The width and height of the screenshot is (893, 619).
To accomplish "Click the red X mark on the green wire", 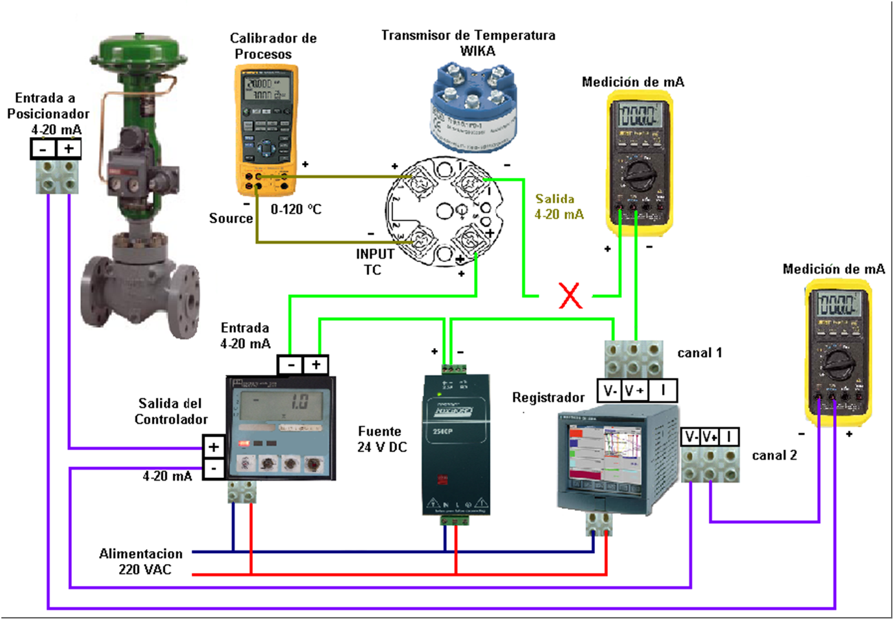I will click(x=570, y=296).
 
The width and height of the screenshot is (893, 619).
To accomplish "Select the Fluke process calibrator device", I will click(x=266, y=129).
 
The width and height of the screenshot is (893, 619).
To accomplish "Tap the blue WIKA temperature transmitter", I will click(x=474, y=107).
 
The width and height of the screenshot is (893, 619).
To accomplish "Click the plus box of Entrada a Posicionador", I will click(x=69, y=149).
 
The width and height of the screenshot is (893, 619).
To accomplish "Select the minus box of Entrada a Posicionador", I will click(x=43, y=149).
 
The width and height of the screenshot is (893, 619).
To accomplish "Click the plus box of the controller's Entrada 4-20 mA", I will click(x=316, y=365).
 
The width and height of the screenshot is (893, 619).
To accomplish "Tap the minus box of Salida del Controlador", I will click(x=213, y=468).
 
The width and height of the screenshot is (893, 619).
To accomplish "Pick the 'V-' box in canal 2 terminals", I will click(x=691, y=437).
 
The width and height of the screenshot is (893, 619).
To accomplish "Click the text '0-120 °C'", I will click(x=296, y=209).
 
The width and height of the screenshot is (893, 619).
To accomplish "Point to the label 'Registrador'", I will click(x=548, y=397).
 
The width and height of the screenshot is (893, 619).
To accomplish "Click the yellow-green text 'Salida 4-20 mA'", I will click(x=559, y=206).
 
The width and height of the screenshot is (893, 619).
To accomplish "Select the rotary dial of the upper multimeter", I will click(x=639, y=173).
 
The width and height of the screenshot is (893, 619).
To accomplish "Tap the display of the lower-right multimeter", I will click(x=837, y=303).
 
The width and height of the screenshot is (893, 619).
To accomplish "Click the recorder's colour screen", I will click(x=604, y=452).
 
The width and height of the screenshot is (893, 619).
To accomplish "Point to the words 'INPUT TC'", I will click(x=374, y=262).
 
